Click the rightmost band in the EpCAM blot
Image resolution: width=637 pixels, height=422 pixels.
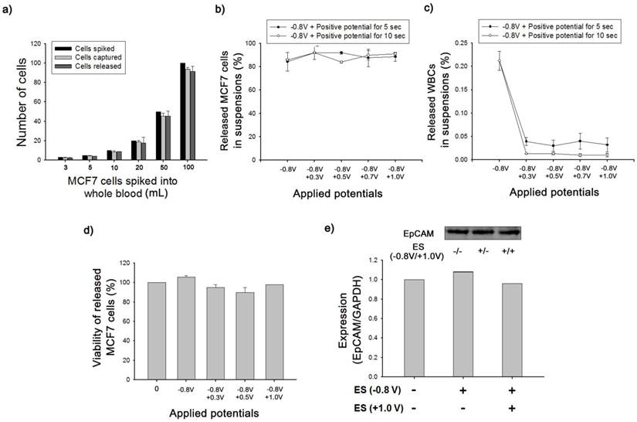(507, 232)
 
